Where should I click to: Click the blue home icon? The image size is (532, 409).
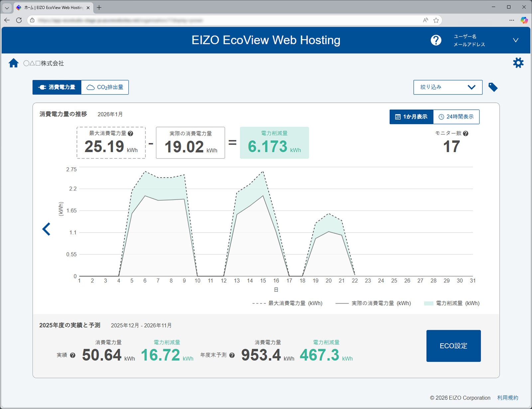point(14,63)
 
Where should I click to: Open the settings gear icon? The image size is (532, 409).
point(518,63)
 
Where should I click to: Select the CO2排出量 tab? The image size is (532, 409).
point(105,87)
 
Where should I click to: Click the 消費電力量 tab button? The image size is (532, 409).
point(57,87)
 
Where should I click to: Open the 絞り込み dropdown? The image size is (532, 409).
point(448,87)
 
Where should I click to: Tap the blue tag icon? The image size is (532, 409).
point(493,87)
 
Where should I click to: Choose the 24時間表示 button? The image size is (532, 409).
point(456,117)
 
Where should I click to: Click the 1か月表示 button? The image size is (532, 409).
point(411,117)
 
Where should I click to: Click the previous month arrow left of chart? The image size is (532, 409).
point(47,229)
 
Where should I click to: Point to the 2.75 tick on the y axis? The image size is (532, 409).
point(71,170)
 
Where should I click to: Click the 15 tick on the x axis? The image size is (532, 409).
point(263,281)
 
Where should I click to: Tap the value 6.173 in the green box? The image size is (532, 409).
point(268,147)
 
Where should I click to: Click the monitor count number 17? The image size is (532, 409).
point(451,147)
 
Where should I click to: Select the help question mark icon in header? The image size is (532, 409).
point(436,40)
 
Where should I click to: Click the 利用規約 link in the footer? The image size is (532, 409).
point(507,398)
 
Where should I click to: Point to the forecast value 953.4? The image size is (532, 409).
point(261,355)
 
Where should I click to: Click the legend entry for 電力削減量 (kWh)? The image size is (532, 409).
point(452,303)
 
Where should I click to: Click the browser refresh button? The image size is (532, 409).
point(19,20)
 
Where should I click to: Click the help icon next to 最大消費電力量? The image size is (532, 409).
point(130,133)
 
